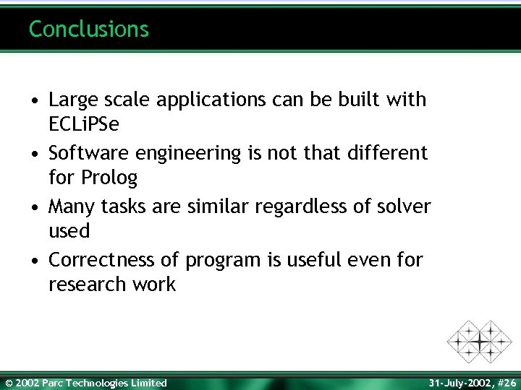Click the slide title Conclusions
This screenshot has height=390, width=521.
89,29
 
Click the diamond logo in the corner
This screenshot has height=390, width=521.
479,341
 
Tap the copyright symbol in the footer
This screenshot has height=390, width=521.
9,383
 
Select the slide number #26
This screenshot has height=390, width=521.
504,383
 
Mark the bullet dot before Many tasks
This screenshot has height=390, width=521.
35,207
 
